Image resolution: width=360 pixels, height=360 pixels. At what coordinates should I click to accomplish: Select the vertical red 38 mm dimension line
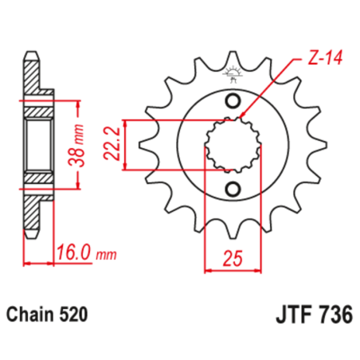tap(80, 145)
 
